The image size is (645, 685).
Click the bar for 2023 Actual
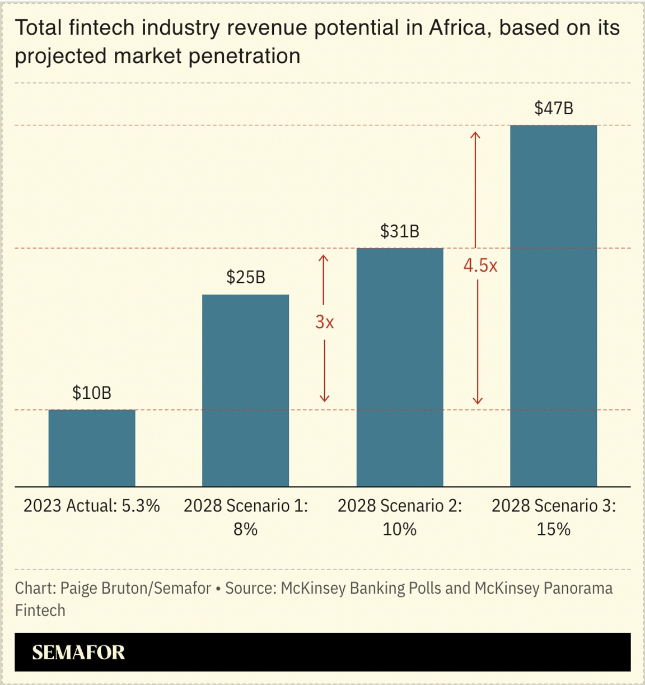[92, 448]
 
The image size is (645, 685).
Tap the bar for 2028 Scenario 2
[400, 367]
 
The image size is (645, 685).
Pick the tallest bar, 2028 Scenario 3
[553, 305]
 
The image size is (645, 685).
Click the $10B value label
[92, 393]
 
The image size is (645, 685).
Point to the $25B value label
[245, 277]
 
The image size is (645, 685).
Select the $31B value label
[400, 231]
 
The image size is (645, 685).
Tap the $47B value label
[553, 108]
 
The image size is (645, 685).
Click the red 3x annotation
[324, 322]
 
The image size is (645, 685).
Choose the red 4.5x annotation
[480, 265]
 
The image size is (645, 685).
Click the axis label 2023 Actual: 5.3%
[92, 506]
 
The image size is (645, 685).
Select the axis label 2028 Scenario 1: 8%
[245, 517]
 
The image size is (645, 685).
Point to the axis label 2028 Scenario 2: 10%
[400, 517]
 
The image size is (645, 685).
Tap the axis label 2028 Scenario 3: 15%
[553, 517]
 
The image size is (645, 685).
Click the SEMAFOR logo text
[78, 653]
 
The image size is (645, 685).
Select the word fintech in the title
[102, 27]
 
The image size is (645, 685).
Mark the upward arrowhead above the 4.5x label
[475, 135]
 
